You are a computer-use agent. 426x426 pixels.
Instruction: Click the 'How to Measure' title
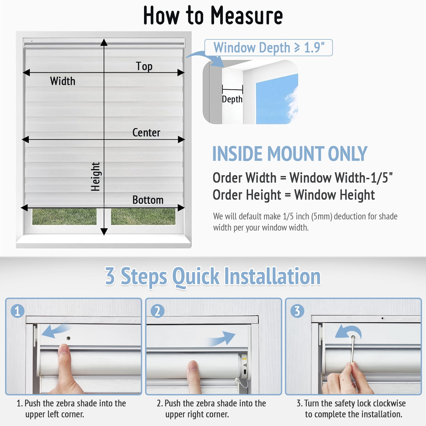tap(213, 15)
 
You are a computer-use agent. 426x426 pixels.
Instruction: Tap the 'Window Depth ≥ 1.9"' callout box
tap(269, 48)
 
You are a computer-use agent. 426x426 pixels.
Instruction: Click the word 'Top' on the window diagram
tap(144, 66)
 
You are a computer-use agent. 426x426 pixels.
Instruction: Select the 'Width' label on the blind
tap(63, 81)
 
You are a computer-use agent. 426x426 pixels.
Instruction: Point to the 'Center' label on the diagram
tap(146, 133)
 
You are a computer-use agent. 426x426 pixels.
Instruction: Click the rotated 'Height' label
tap(95, 177)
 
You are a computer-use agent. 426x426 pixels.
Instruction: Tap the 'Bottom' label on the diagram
tap(148, 200)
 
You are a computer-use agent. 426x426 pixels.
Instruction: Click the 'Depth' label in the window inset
tap(232, 99)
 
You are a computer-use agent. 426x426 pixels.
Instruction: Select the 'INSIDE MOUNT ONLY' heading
tap(290, 154)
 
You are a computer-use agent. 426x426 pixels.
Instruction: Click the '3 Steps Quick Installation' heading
tap(213, 276)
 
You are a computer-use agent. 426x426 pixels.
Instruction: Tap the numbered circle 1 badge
tap(18, 311)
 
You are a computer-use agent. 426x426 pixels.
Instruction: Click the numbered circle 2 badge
tap(157, 311)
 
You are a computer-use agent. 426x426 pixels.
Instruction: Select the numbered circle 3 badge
tap(297, 311)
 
